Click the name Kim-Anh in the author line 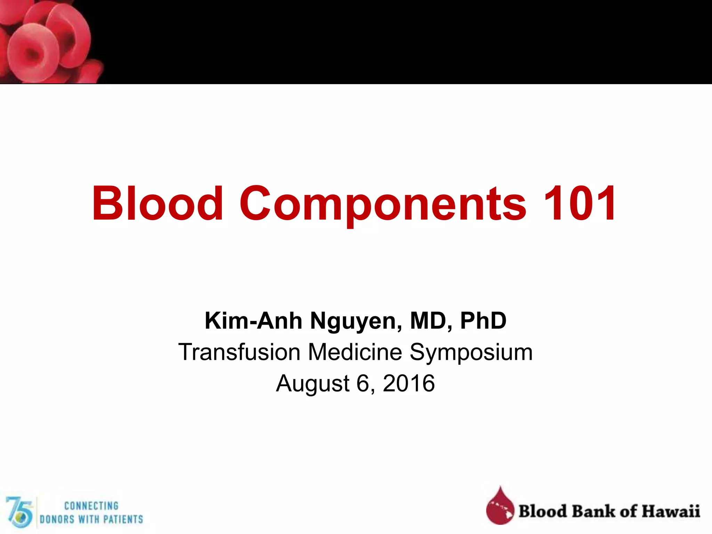253,321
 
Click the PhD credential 483,321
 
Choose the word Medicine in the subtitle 355,352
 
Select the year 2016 409,383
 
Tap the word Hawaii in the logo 671,511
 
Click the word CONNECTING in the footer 91,505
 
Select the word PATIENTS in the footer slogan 123,519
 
